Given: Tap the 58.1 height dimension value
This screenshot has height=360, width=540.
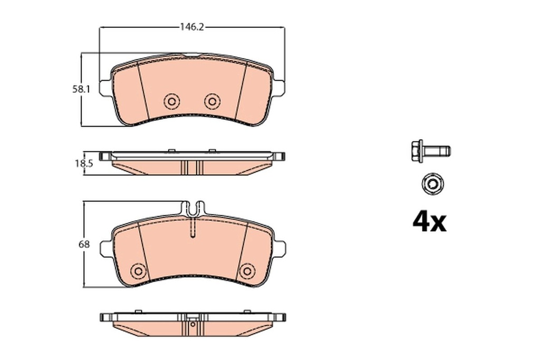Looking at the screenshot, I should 82,90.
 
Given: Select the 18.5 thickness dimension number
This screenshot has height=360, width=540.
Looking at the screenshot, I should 83,163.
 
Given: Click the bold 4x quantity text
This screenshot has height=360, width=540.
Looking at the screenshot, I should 429,222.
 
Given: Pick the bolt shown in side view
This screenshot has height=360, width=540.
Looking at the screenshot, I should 429,151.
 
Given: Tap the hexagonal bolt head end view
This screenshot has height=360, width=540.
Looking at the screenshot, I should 432,184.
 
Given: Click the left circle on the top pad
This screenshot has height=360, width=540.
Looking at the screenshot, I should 172,101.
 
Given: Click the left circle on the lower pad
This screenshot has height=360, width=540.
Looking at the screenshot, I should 139,270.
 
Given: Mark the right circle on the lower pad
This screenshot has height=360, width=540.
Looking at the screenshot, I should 246,270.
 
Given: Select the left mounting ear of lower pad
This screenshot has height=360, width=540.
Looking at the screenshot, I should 105,248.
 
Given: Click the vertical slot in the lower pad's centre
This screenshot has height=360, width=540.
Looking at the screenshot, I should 192,228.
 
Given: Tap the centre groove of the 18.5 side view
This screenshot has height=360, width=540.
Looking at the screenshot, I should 192,167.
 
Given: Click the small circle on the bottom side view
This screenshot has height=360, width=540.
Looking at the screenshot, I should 193,325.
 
